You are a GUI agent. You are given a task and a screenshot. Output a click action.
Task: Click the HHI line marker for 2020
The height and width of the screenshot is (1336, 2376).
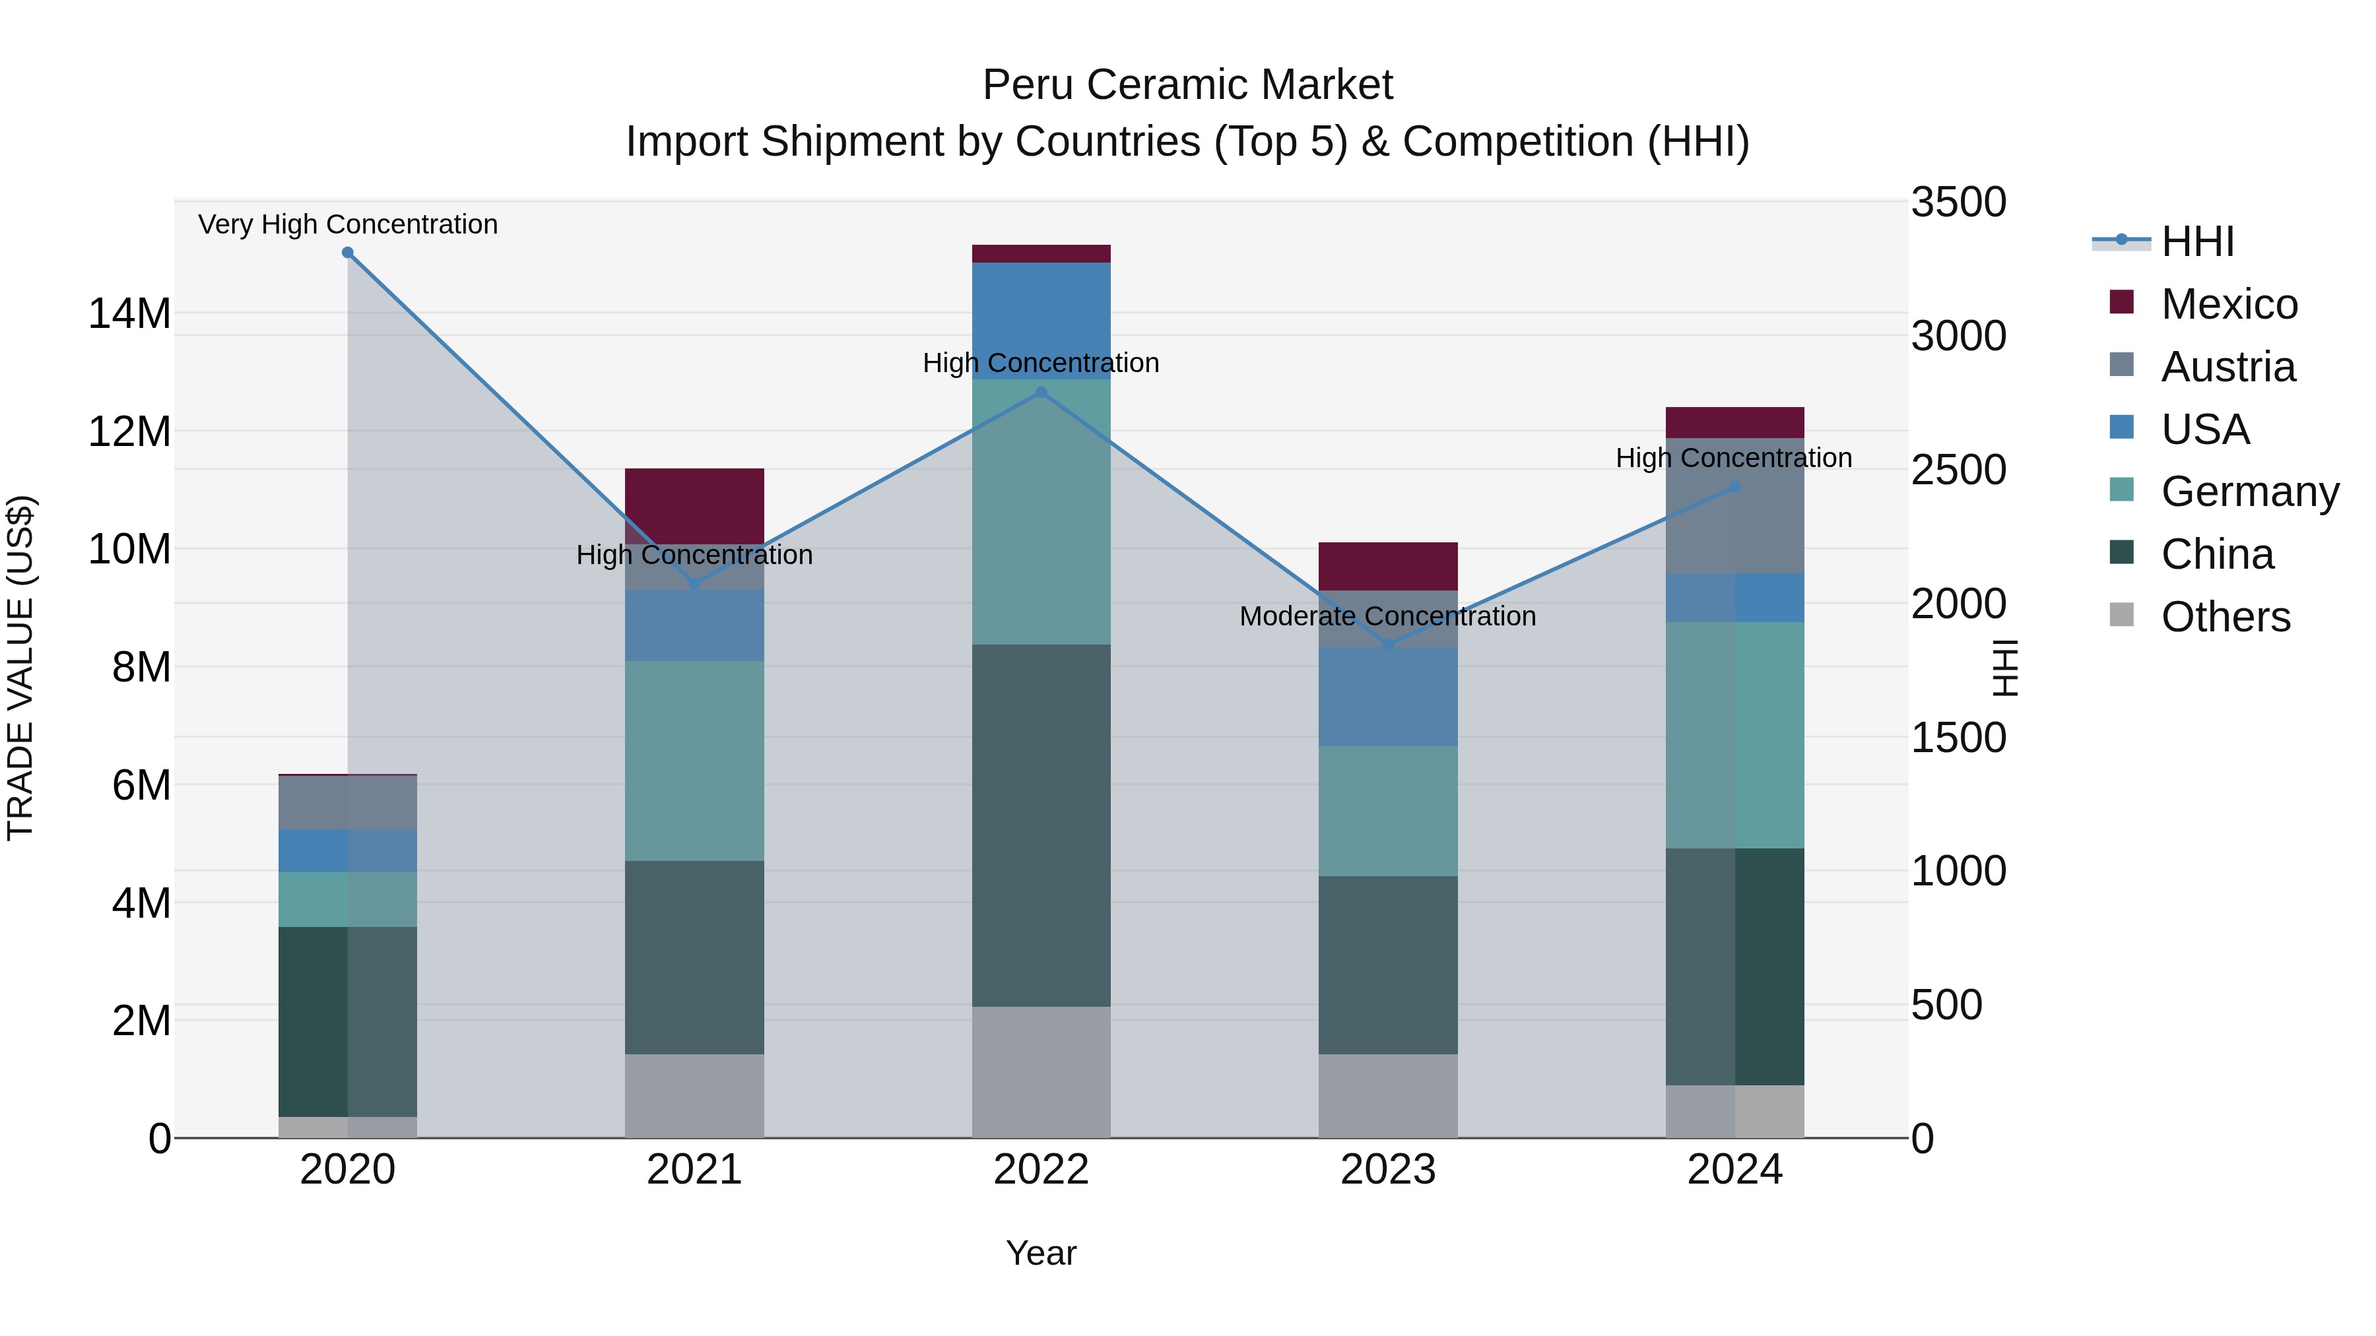click(x=348, y=253)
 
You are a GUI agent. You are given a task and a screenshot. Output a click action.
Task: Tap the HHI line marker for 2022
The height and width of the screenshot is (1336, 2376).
click(x=1041, y=392)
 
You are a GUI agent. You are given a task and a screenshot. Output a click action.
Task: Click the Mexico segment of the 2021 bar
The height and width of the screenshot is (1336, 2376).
click(x=694, y=505)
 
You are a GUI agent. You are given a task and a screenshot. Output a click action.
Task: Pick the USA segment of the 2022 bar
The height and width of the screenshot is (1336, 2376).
click(x=1041, y=320)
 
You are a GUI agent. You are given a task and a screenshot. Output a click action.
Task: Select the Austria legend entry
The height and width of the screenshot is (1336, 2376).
click(x=2227, y=367)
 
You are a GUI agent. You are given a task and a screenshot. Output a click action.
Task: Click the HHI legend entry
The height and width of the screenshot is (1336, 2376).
click(x=2197, y=241)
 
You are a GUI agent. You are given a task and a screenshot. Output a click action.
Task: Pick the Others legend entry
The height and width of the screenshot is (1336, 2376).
click(x=2225, y=617)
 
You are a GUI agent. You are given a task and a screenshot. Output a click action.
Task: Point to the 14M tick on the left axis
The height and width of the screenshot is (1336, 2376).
click(x=129, y=313)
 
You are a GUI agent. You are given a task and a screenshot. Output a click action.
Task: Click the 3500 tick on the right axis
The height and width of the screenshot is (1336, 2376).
click(x=1958, y=203)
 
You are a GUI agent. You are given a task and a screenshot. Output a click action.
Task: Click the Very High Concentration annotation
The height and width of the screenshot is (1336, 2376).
click(x=348, y=224)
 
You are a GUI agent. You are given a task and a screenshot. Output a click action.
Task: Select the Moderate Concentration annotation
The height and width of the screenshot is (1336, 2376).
click(x=1387, y=616)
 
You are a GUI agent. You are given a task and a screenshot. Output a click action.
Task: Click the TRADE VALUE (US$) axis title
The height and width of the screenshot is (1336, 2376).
click(x=20, y=668)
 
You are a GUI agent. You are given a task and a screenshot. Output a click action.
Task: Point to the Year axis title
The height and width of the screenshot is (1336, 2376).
click(x=1041, y=1253)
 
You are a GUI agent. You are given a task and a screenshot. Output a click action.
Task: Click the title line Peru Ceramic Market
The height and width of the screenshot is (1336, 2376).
click(x=1187, y=85)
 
